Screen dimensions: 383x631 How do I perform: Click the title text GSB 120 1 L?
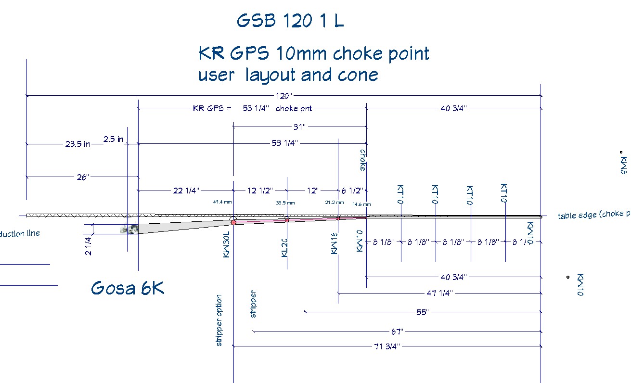(x=290, y=21)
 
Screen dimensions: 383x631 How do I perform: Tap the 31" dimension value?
(x=300, y=127)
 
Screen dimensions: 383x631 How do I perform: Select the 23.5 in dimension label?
(x=78, y=143)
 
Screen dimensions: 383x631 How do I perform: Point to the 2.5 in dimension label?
(x=114, y=140)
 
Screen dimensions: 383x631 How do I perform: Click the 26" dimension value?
(x=83, y=177)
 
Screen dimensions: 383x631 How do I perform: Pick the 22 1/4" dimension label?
(x=186, y=191)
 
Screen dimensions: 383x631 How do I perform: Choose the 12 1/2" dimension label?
(x=260, y=191)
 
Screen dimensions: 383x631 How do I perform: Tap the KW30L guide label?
(x=227, y=244)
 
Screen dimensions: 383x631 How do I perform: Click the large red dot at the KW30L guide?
(x=233, y=222)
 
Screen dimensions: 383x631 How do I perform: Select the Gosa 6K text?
(x=128, y=288)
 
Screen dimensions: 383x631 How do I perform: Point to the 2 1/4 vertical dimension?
(x=88, y=245)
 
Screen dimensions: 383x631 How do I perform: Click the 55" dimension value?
(x=423, y=312)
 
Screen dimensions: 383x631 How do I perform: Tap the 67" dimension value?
(x=397, y=332)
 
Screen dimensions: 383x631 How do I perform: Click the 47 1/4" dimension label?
(x=440, y=293)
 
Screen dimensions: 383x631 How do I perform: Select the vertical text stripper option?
(x=219, y=320)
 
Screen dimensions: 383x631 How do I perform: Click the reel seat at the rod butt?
(x=129, y=230)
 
